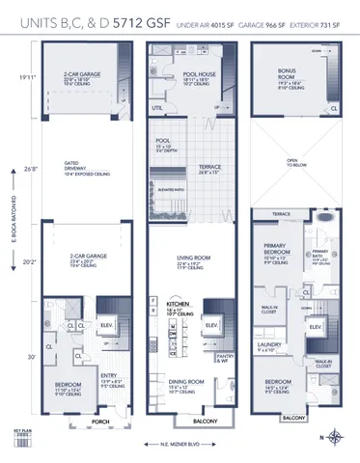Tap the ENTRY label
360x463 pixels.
111,377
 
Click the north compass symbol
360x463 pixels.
334,439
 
